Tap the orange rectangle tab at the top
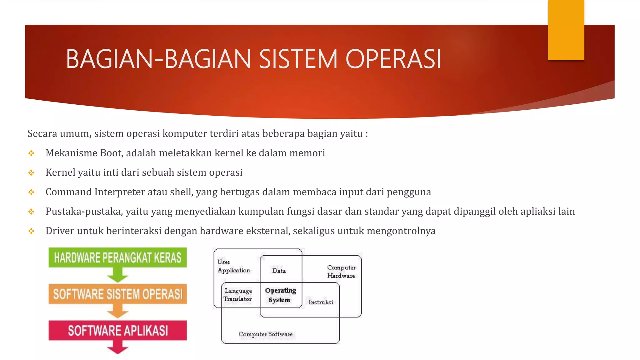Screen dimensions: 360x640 pyautogui.click(x=566, y=30)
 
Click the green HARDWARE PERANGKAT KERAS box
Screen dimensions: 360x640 pyautogui.click(x=117, y=257)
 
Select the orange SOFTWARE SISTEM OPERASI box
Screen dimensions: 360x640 pyautogui.click(x=117, y=294)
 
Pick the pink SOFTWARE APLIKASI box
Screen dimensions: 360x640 pyautogui.click(x=117, y=330)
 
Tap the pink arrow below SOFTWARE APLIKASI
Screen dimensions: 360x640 pyautogui.click(x=117, y=347)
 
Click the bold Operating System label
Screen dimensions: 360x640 pyautogui.click(x=280, y=295)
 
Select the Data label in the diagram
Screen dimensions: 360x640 pyautogui.click(x=279, y=271)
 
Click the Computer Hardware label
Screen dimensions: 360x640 pyautogui.click(x=341, y=272)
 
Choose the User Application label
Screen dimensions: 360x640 pyautogui.click(x=233, y=266)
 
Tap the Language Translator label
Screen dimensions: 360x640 pyautogui.click(x=238, y=295)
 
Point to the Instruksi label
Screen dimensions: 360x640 pyautogui.click(x=321, y=302)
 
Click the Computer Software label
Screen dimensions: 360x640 pyautogui.click(x=265, y=334)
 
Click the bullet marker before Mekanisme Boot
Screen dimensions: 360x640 pyautogui.click(x=31, y=153)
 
